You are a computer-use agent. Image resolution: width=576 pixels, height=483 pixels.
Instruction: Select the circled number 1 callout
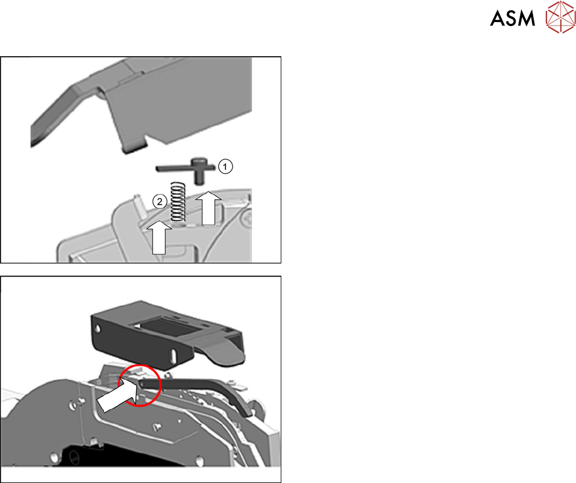pyautogui.click(x=226, y=166)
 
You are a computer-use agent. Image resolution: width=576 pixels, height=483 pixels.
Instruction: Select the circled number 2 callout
pyautogui.click(x=160, y=202)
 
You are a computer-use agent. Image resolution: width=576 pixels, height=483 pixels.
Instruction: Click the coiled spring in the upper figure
pyautogui.click(x=177, y=200)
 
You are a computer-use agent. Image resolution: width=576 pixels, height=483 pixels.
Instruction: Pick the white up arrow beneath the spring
pyautogui.click(x=160, y=236)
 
